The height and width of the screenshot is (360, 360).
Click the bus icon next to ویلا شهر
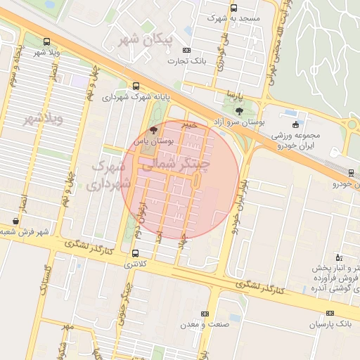pos(46,41)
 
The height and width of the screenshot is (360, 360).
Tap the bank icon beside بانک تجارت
pos(186,50)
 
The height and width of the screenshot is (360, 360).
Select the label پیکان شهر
pos(147,39)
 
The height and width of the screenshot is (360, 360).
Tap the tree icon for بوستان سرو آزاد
pos(239,110)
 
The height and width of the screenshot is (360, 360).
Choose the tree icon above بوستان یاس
pos(154,130)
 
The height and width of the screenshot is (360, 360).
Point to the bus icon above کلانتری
pos(135,253)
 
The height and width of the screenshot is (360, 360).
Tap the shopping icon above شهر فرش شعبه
pos(16,221)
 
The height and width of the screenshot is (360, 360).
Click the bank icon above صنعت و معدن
pos(205,314)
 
